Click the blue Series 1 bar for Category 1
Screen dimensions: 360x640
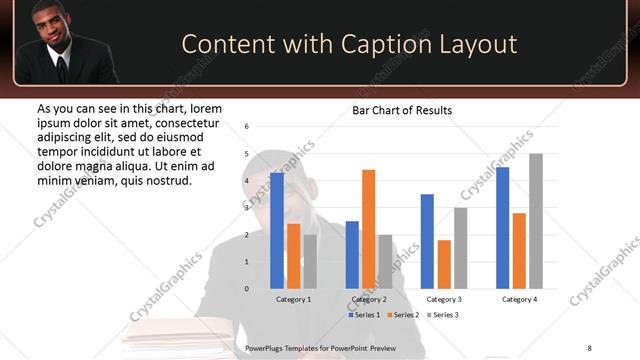277,230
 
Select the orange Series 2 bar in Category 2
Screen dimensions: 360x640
368,229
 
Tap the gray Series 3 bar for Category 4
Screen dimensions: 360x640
536,221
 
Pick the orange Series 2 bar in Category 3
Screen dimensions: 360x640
444,264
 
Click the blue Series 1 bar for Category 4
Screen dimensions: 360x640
502,228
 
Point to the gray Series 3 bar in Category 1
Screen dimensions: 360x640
310,261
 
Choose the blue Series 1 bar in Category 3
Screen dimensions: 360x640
427,241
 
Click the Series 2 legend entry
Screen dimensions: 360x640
403,315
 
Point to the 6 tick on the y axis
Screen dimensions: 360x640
247,126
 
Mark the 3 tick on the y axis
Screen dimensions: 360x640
247,208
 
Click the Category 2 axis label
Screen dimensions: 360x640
369,299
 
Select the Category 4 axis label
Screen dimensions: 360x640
519,299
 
